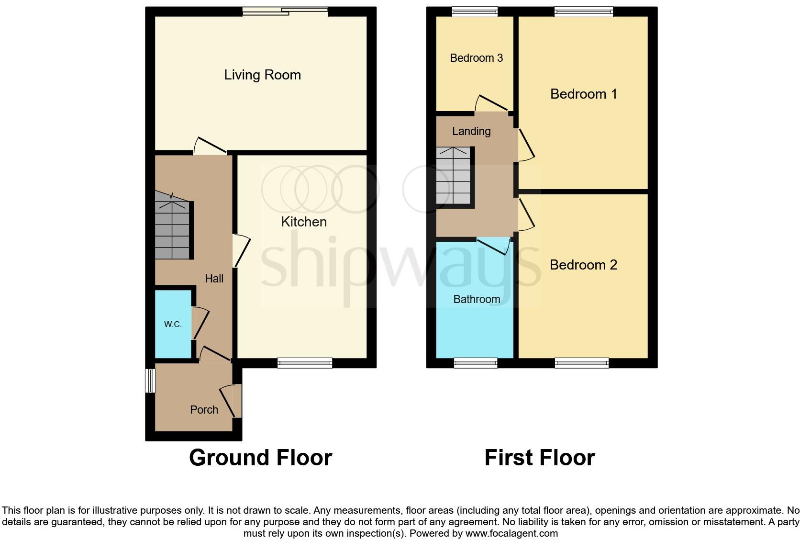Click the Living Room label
pos(262,75)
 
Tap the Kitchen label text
pos(304,222)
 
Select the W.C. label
pos(173,324)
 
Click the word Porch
pos(204,410)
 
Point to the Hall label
pos(214,279)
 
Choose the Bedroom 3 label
pos(476,58)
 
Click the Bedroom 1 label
pos(583,94)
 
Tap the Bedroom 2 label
pos(583,265)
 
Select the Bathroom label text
pos(477,299)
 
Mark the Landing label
pos(471,131)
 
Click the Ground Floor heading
pos(260,457)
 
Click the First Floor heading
pos(539,457)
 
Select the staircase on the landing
pos(454,176)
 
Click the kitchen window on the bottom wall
pos(305,363)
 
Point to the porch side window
pos(150,381)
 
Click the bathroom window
pos(476,363)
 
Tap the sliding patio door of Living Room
pos(285,11)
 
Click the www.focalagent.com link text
pos(511,533)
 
